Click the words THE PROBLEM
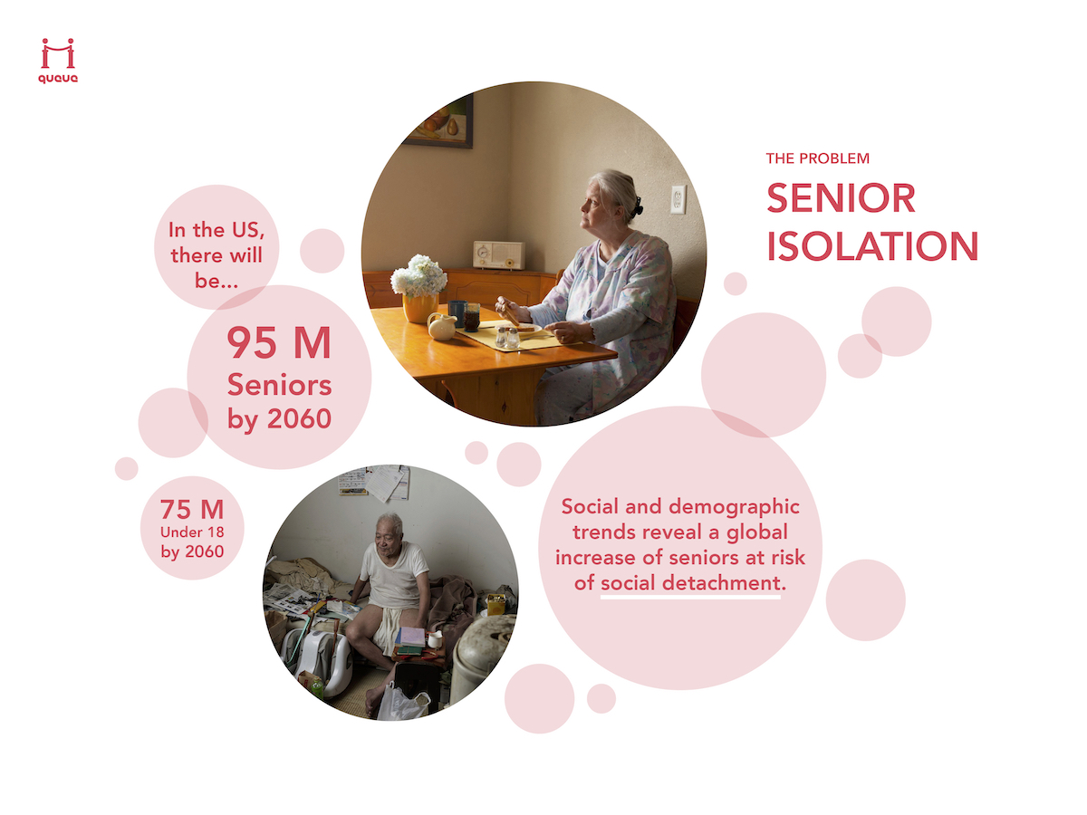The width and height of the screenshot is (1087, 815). (817, 158)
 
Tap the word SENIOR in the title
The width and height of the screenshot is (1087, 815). (841, 198)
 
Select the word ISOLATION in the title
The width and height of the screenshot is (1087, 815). (872, 246)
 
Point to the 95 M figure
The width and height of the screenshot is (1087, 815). (279, 342)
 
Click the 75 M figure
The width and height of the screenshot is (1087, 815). (192, 509)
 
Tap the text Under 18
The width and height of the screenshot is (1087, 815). (192, 532)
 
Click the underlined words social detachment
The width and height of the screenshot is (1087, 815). (690, 583)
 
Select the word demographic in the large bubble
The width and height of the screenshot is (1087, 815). (734, 508)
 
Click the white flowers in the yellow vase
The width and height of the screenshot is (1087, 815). (419, 275)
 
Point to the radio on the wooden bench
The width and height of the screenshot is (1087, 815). (498, 254)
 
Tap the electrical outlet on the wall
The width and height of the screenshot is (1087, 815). (678, 199)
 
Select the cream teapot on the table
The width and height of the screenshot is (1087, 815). (442, 326)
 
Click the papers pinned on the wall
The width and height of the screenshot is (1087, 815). (374, 482)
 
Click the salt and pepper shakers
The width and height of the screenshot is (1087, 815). (507, 337)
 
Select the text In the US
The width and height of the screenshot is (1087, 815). (216, 230)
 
